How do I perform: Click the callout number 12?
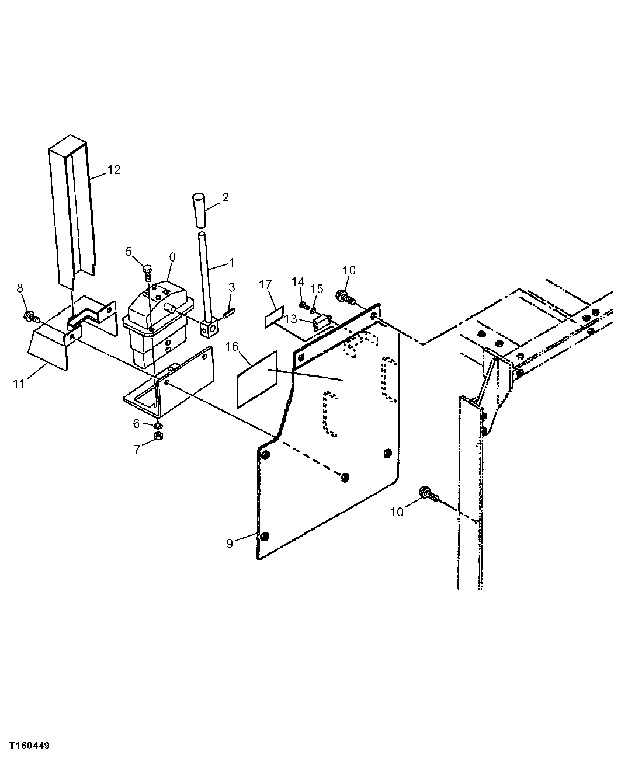[x=114, y=170]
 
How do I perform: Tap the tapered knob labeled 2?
[x=200, y=211]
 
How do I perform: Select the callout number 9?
[x=230, y=544]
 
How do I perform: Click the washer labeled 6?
[x=158, y=424]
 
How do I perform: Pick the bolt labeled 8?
[x=29, y=317]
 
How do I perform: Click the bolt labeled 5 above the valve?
[x=147, y=271]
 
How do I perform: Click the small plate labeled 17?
[x=274, y=319]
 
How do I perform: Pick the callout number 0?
[x=172, y=256]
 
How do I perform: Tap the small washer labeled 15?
[x=313, y=308]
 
